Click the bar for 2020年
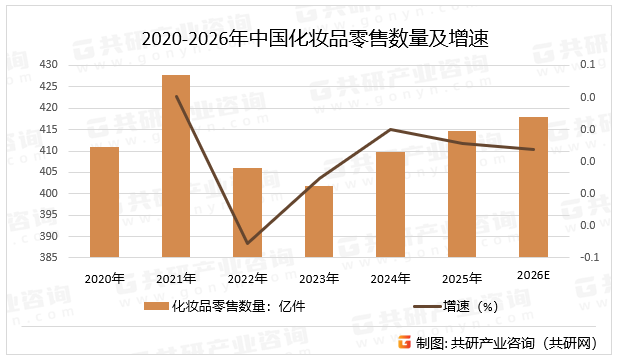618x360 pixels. (105, 202)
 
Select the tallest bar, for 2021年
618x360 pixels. (176, 166)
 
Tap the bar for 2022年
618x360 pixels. (248, 212)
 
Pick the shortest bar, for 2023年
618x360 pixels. (319, 221)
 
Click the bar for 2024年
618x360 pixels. (391, 204)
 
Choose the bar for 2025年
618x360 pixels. (462, 194)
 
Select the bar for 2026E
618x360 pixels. (533, 187)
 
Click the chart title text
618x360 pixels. (308, 39)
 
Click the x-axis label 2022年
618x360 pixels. (248, 279)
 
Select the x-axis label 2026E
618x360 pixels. (533, 276)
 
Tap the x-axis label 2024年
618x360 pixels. (391, 279)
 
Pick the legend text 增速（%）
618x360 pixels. (470, 307)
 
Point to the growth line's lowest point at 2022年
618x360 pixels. (248, 243)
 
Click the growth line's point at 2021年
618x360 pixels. (176, 97)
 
